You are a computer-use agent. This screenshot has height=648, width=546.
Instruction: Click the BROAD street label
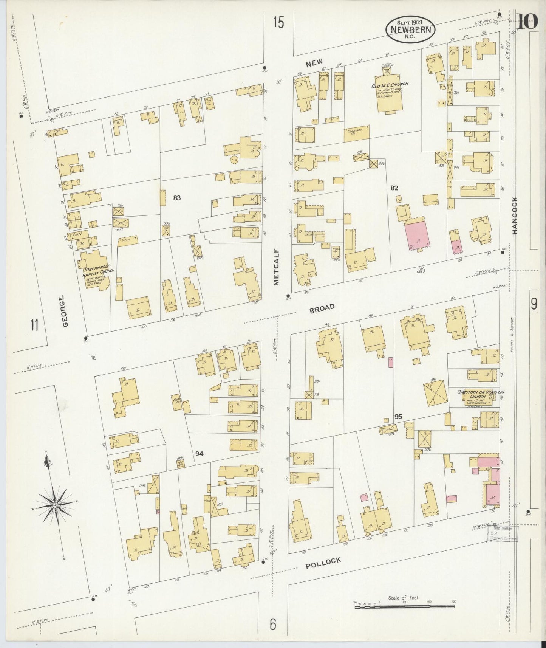click(x=322, y=308)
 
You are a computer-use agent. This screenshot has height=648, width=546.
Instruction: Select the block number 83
click(x=177, y=197)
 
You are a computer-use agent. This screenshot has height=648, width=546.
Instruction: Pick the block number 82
click(x=394, y=188)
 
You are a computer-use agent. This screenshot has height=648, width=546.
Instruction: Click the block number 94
click(x=199, y=454)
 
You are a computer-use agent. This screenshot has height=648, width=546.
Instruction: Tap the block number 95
click(x=398, y=417)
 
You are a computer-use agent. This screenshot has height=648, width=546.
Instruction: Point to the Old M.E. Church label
click(x=389, y=85)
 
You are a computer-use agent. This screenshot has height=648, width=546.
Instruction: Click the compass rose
click(x=55, y=505)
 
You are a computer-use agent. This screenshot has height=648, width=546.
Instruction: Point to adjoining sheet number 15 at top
click(x=278, y=23)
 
